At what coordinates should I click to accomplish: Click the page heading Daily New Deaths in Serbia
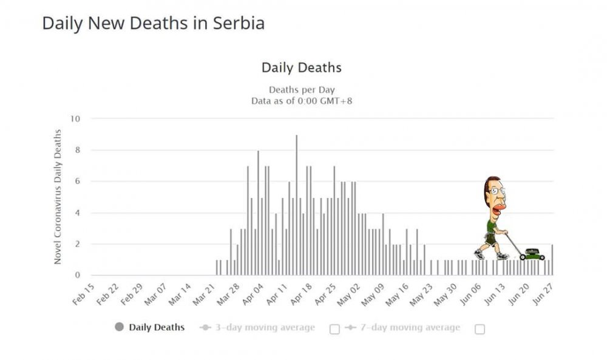click(x=153, y=24)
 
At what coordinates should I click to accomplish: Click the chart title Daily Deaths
click(x=301, y=67)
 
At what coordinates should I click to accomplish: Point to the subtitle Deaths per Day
click(x=301, y=90)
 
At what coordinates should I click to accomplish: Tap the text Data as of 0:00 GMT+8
click(x=301, y=101)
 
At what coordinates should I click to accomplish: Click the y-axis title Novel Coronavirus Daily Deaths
click(x=58, y=197)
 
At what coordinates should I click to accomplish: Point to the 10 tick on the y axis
click(x=75, y=118)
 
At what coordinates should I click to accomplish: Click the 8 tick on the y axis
click(x=77, y=150)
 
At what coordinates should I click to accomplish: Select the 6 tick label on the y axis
click(x=77, y=182)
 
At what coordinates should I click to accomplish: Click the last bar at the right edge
click(x=552, y=260)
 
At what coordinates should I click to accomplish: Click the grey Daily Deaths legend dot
click(x=119, y=327)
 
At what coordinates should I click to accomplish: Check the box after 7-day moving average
click(x=480, y=329)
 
